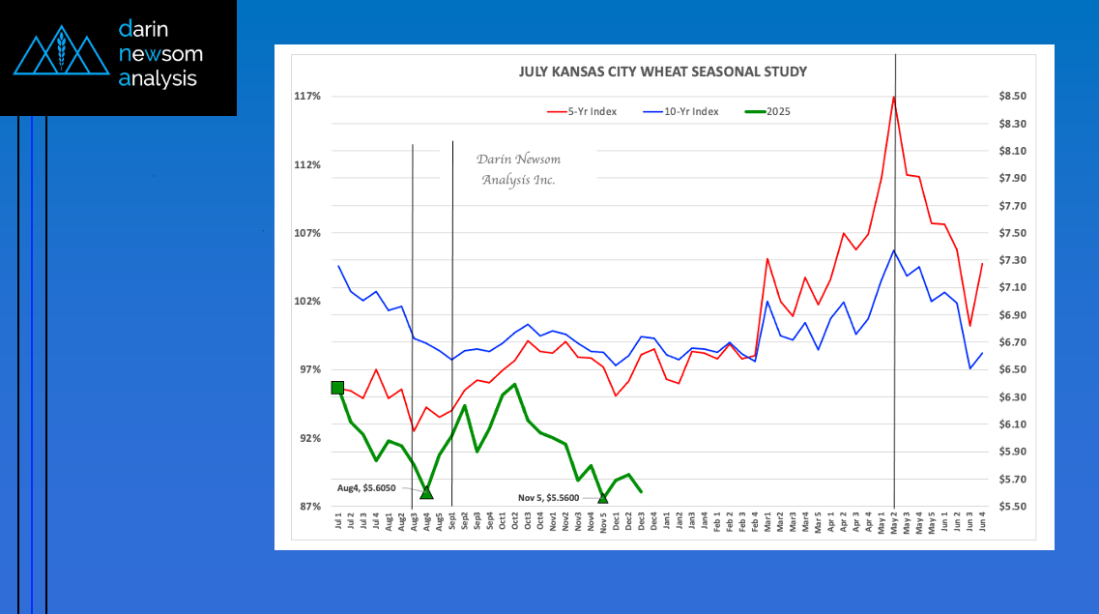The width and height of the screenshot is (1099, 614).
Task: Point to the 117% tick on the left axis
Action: coord(308,96)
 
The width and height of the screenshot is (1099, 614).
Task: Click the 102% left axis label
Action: coord(308,302)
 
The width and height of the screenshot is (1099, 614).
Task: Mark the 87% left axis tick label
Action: coord(308,507)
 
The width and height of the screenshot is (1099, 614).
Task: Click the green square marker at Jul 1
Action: coord(337,388)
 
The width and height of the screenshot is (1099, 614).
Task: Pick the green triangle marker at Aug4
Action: coord(426,493)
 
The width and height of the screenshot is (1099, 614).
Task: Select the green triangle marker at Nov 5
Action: coord(603,498)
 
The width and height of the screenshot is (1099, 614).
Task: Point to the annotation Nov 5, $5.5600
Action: coord(548,498)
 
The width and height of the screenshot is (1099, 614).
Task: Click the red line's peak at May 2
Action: coord(894,97)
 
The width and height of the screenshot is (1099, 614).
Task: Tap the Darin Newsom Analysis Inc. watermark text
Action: coord(518,169)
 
